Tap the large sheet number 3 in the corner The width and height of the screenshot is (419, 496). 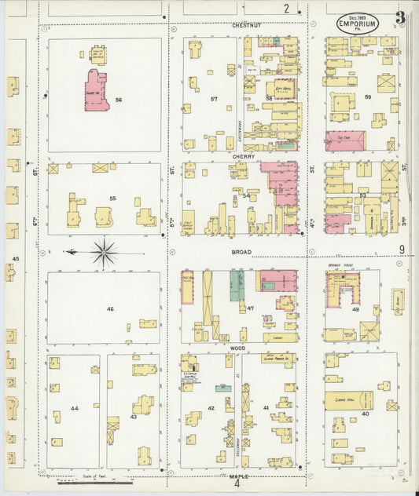point(401,17)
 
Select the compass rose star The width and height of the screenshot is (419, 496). point(104,253)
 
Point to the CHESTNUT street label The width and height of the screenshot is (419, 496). point(246,25)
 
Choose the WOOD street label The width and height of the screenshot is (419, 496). point(239,346)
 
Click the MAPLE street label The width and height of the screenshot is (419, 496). point(239,476)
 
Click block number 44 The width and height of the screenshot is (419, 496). point(74,409)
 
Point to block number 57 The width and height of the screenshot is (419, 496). point(213,99)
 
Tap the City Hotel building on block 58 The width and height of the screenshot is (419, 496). point(283,89)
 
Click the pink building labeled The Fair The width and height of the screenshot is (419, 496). point(345,140)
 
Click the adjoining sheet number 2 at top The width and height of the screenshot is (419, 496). point(286,9)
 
